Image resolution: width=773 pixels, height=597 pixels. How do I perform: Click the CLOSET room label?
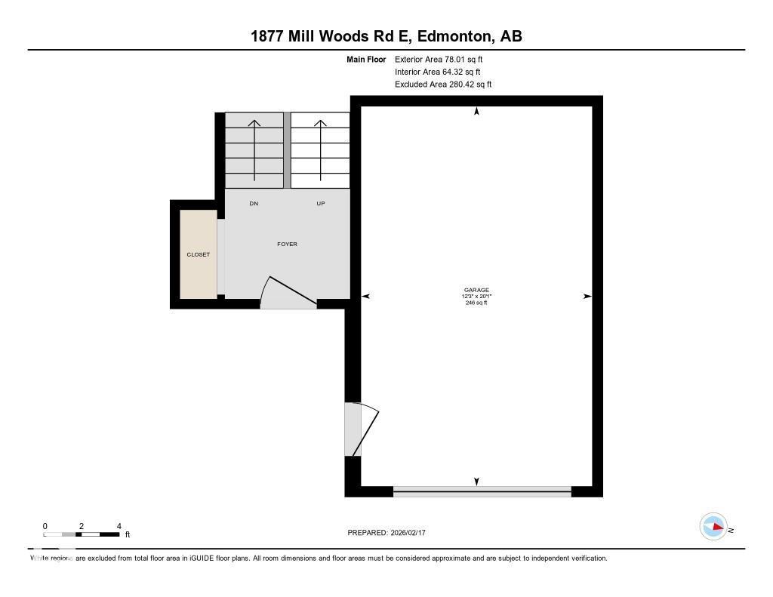(199, 254)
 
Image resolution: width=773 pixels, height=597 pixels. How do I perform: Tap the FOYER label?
(287, 244)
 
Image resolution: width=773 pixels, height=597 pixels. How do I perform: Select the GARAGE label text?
(476, 290)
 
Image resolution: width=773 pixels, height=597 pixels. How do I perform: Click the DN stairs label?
(254, 204)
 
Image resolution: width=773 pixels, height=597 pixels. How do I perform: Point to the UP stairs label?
(321, 204)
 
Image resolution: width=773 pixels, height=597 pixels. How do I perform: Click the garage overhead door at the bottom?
(482, 491)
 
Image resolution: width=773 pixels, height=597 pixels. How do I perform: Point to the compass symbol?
(713, 527)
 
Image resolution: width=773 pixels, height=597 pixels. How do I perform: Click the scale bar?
(82, 534)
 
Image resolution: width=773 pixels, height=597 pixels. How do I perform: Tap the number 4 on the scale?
(119, 526)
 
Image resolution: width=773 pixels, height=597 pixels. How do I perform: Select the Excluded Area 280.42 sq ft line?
(443, 85)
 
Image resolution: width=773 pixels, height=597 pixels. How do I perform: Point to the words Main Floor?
(366, 59)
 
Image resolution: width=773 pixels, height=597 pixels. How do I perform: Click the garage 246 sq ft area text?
(476, 303)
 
